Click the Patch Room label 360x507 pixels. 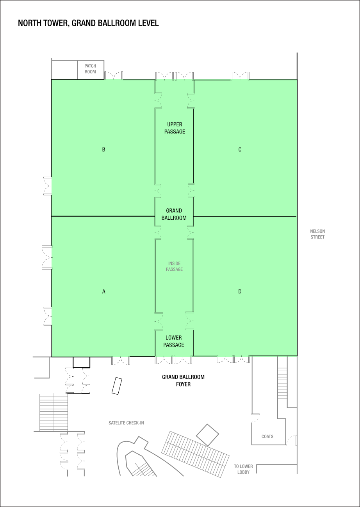point(90,69)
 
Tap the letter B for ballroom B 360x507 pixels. point(103,149)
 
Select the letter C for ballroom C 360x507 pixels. point(240,149)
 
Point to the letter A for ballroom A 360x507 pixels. point(103,291)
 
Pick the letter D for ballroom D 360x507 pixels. point(240,291)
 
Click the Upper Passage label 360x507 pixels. point(175,128)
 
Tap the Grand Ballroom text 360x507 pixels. point(174,214)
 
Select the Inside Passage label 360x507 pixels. point(174,266)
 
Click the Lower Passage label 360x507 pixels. point(174,341)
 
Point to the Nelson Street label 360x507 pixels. point(317,234)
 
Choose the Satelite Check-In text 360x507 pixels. point(126,423)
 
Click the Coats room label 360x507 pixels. point(267,436)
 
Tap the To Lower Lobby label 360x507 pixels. point(243,469)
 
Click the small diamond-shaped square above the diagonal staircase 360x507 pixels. point(207,434)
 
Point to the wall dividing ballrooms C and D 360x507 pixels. point(245,216)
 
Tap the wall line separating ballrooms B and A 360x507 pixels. point(103,216)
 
